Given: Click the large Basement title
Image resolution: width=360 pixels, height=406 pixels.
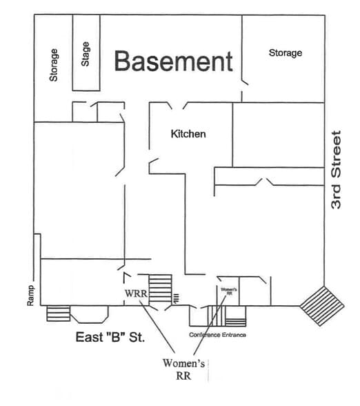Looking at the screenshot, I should tap(173, 61).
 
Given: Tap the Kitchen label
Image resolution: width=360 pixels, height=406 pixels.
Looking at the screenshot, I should tap(188, 133).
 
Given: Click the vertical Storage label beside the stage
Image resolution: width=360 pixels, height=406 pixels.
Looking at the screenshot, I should tap(54, 64).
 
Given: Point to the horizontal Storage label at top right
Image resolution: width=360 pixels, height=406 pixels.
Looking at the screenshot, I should tap(285, 52).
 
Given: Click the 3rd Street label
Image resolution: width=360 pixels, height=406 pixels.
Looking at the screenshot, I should tap(337, 170).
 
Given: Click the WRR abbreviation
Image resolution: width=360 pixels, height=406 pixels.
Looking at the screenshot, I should tap(135, 293).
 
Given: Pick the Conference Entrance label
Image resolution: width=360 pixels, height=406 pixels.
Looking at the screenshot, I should tap(218, 335).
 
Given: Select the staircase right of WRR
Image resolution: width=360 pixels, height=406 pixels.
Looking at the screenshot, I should tap(160, 289).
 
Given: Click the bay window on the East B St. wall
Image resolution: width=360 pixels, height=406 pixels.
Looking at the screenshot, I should tap(90, 315).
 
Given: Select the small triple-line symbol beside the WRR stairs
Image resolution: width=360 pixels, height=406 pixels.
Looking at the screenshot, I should tap(177, 298).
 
